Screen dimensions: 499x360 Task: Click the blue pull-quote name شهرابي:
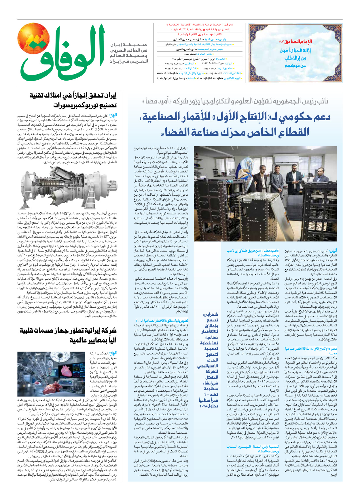click(x=211, y=314)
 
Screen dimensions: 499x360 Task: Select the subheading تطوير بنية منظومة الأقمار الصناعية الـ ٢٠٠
click(x=162, y=320)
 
